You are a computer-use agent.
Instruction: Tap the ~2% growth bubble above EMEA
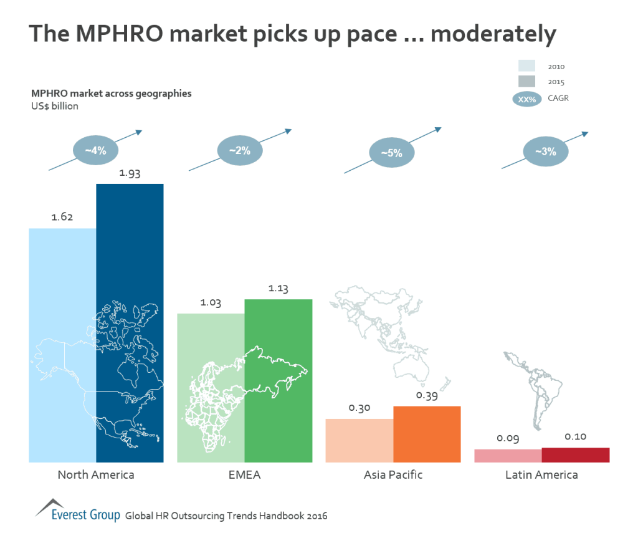[240, 150]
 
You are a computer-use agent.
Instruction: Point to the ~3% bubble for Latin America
[545, 151]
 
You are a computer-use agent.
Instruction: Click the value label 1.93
[130, 173]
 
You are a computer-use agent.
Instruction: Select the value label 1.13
[279, 289]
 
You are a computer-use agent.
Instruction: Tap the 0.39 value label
[427, 395]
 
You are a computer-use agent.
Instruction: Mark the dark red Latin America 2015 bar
[575, 455]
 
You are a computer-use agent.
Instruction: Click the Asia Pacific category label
[393, 475]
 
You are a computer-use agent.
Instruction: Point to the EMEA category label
[244, 475]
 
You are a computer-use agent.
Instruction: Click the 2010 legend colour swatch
[526, 66]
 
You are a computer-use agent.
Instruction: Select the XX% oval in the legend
[527, 99]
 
